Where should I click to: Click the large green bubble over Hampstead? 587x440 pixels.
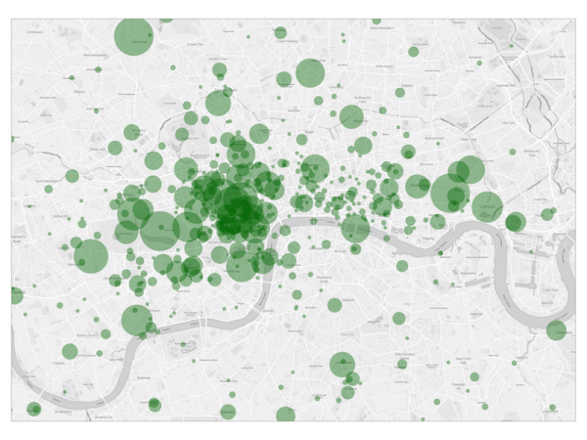pos(134,37)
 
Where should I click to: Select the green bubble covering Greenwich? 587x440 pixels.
pos(556,330)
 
